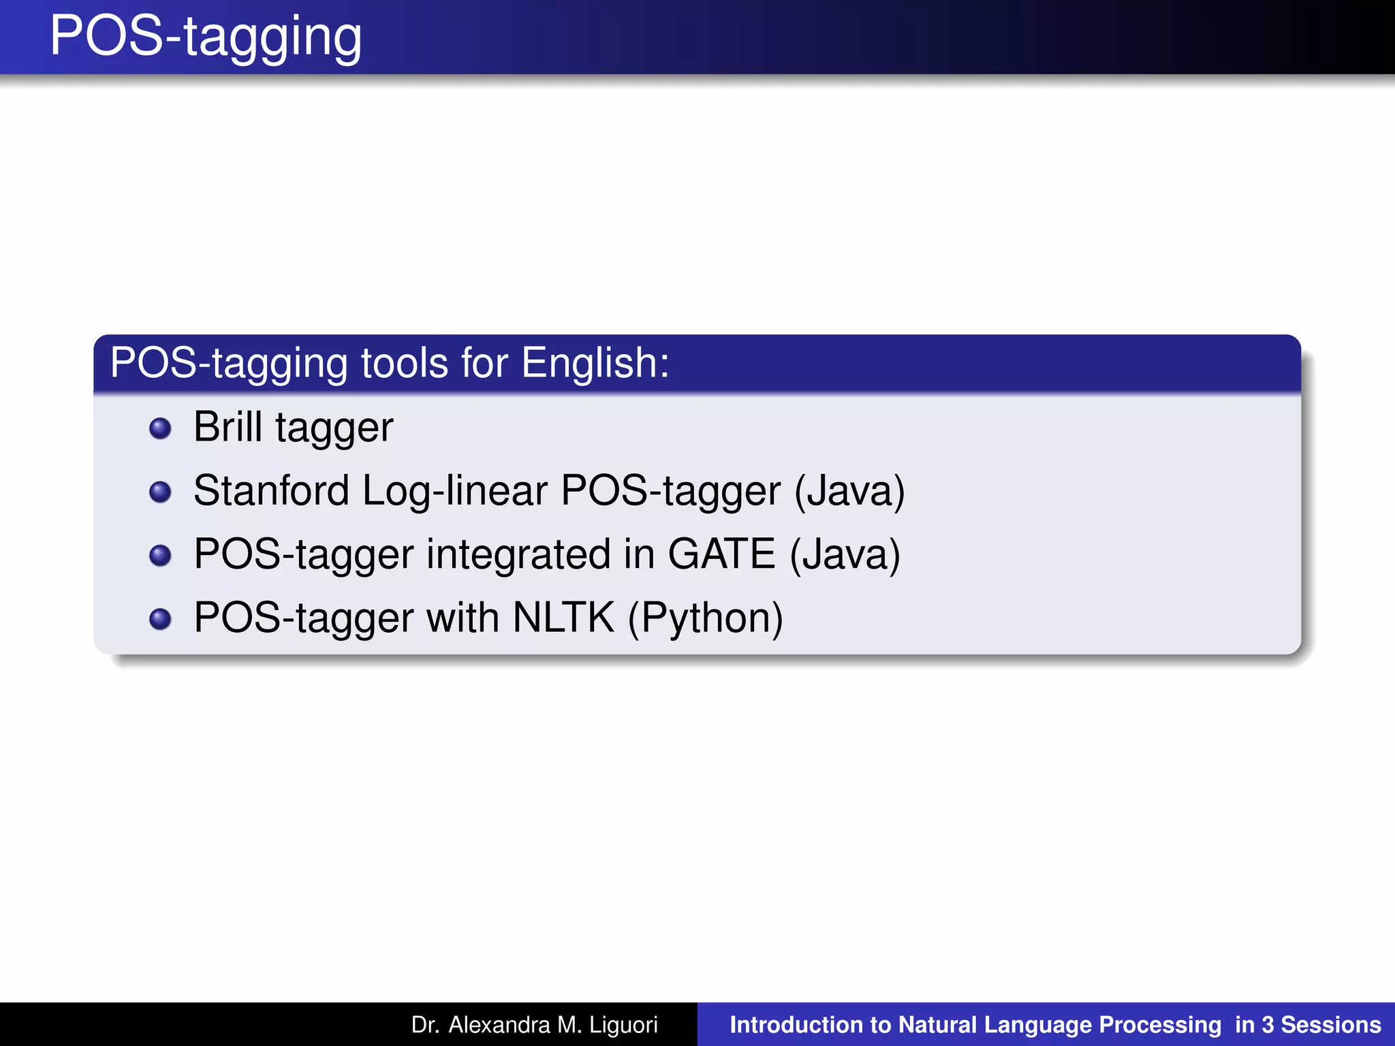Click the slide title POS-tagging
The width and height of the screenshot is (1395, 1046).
point(206,37)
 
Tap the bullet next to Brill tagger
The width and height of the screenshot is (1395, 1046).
point(160,428)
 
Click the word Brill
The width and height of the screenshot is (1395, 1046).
point(228,427)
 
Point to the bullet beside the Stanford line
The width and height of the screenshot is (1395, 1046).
point(160,492)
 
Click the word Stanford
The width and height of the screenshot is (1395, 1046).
point(271,490)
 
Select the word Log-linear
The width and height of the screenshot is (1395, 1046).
point(454,490)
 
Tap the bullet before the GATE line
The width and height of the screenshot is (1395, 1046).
point(160,555)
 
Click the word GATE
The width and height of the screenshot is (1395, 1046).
point(721,554)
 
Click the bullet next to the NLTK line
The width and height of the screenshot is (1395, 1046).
point(160,618)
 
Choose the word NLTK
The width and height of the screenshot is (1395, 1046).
point(563,617)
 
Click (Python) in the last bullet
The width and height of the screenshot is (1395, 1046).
point(705,618)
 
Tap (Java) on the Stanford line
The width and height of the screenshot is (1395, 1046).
point(849,490)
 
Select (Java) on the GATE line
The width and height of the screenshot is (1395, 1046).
point(845,554)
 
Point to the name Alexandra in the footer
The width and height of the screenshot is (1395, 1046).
point(499,1025)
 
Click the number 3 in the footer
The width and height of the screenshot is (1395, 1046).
point(1268,1025)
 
